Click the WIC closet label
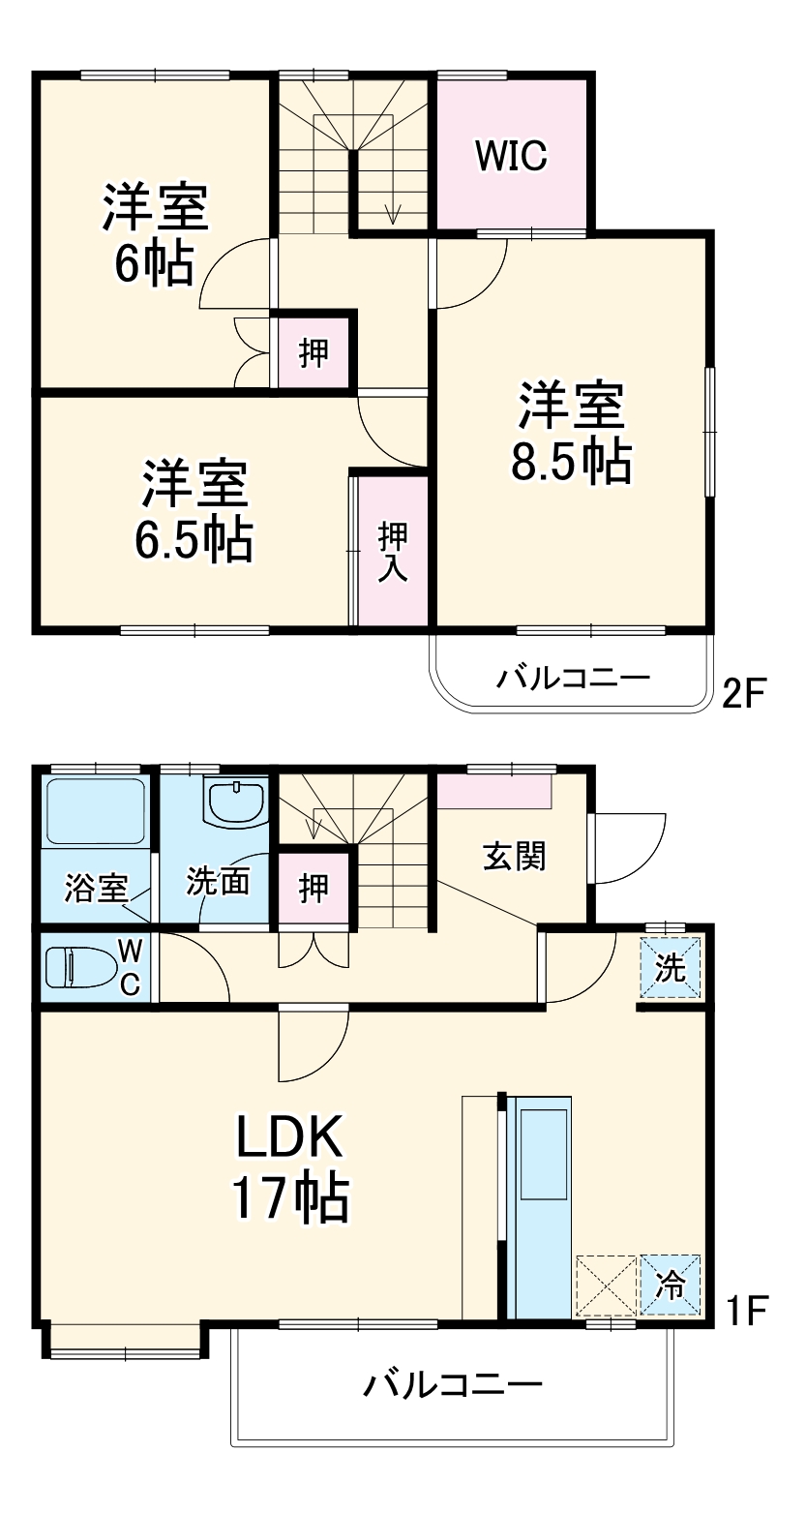pos(511,154)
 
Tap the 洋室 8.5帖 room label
pos(572,433)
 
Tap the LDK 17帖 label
pos(289,1167)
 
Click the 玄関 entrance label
pos(514,856)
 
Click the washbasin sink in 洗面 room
pos(236,802)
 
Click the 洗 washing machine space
pos(671,968)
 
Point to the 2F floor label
pos(744,693)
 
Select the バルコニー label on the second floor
pos(573,677)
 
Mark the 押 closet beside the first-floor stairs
pos(313,887)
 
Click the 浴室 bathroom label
pos(96,888)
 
